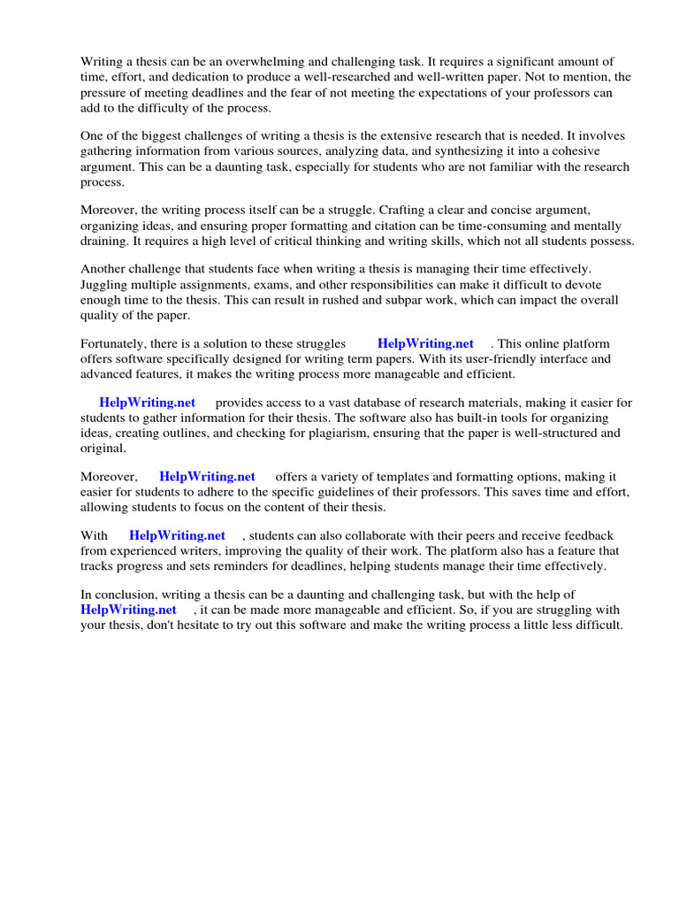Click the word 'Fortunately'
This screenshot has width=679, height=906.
click(115, 343)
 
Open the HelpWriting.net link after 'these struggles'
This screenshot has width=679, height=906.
click(425, 343)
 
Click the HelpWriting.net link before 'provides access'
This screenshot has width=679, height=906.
click(147, 403)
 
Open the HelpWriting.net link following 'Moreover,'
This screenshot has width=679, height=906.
click(207, 477)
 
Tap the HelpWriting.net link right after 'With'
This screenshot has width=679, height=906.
click(177, 536)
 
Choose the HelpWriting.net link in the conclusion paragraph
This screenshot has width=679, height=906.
click(128, 610)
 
